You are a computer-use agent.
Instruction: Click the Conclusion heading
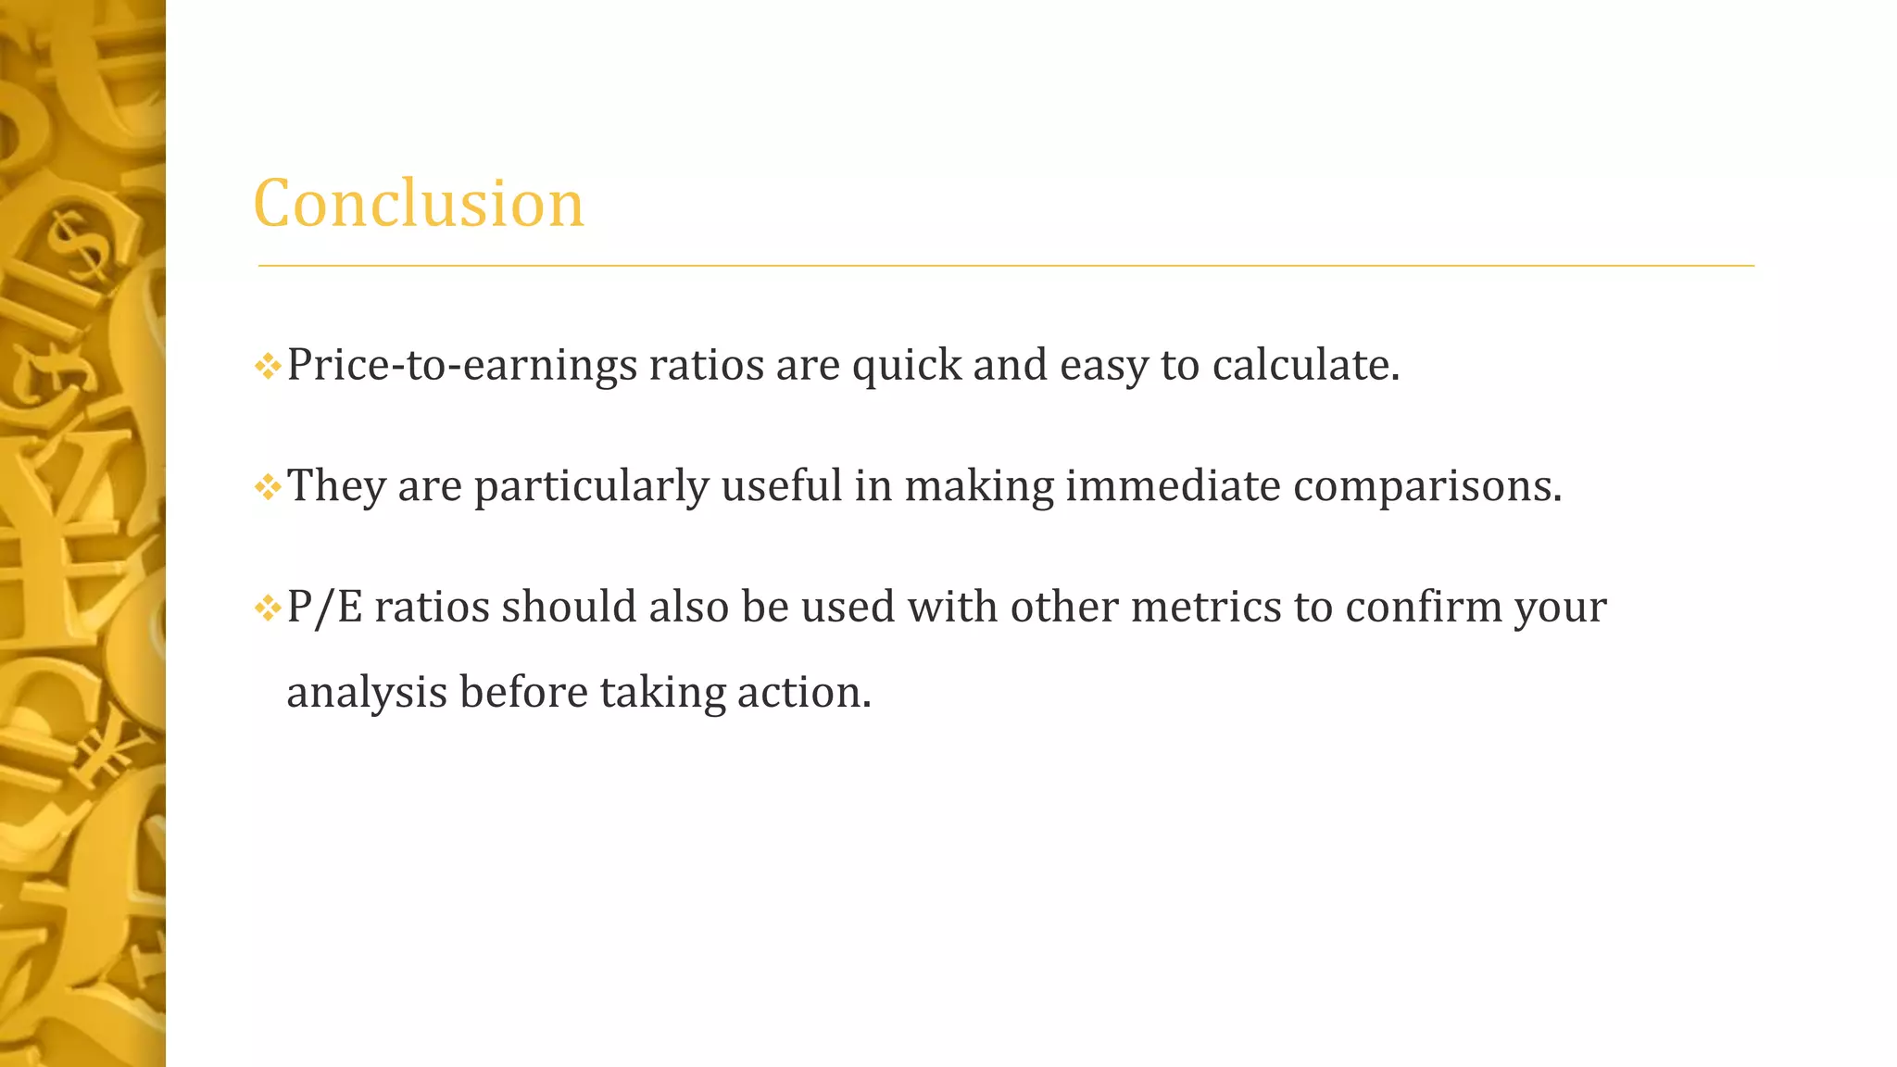[419, 203]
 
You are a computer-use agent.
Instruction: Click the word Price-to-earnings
[461, 365]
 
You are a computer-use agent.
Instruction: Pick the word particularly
[591, 486]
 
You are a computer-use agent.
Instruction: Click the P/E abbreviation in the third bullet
[324, 608]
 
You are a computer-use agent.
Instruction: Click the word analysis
[367, 693]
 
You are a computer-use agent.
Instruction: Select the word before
[523, 693]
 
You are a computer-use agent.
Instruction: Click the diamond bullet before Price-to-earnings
[267, 367]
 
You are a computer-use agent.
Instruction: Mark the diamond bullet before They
[267, 487]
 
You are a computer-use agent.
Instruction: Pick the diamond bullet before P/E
[267, 609]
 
